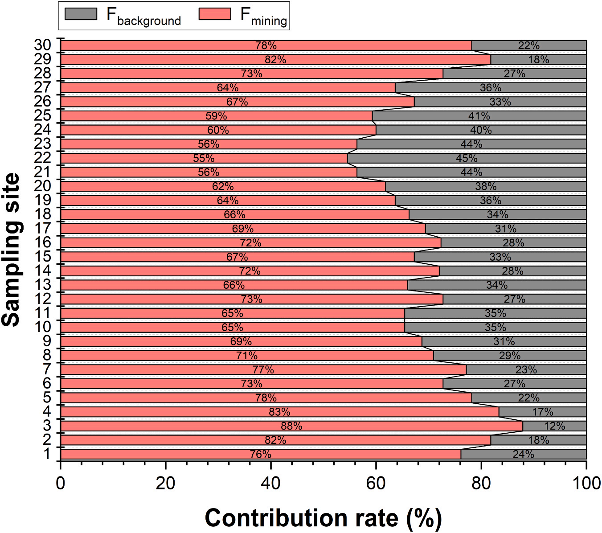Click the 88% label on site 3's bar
click(x=291, y=426)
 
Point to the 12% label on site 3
click(x=554, y=426)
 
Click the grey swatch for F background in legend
click(x=81, y=14)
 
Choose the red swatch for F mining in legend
click(x=215, y=14)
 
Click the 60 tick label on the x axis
click(x=376, y=483)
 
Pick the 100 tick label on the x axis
click(x=586, y=483)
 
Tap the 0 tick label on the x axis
click(x=61, y=483)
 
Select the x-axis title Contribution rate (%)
click(x=323, y=518)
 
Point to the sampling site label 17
click(x=43, y=229)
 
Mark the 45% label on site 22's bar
click(x=467, y=158)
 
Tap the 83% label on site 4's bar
click(x=279, y=412)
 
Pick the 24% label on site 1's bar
click(x=523, y=454)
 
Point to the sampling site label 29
click(x=43, y=59)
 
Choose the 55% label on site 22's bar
click(x=204, y=158)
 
